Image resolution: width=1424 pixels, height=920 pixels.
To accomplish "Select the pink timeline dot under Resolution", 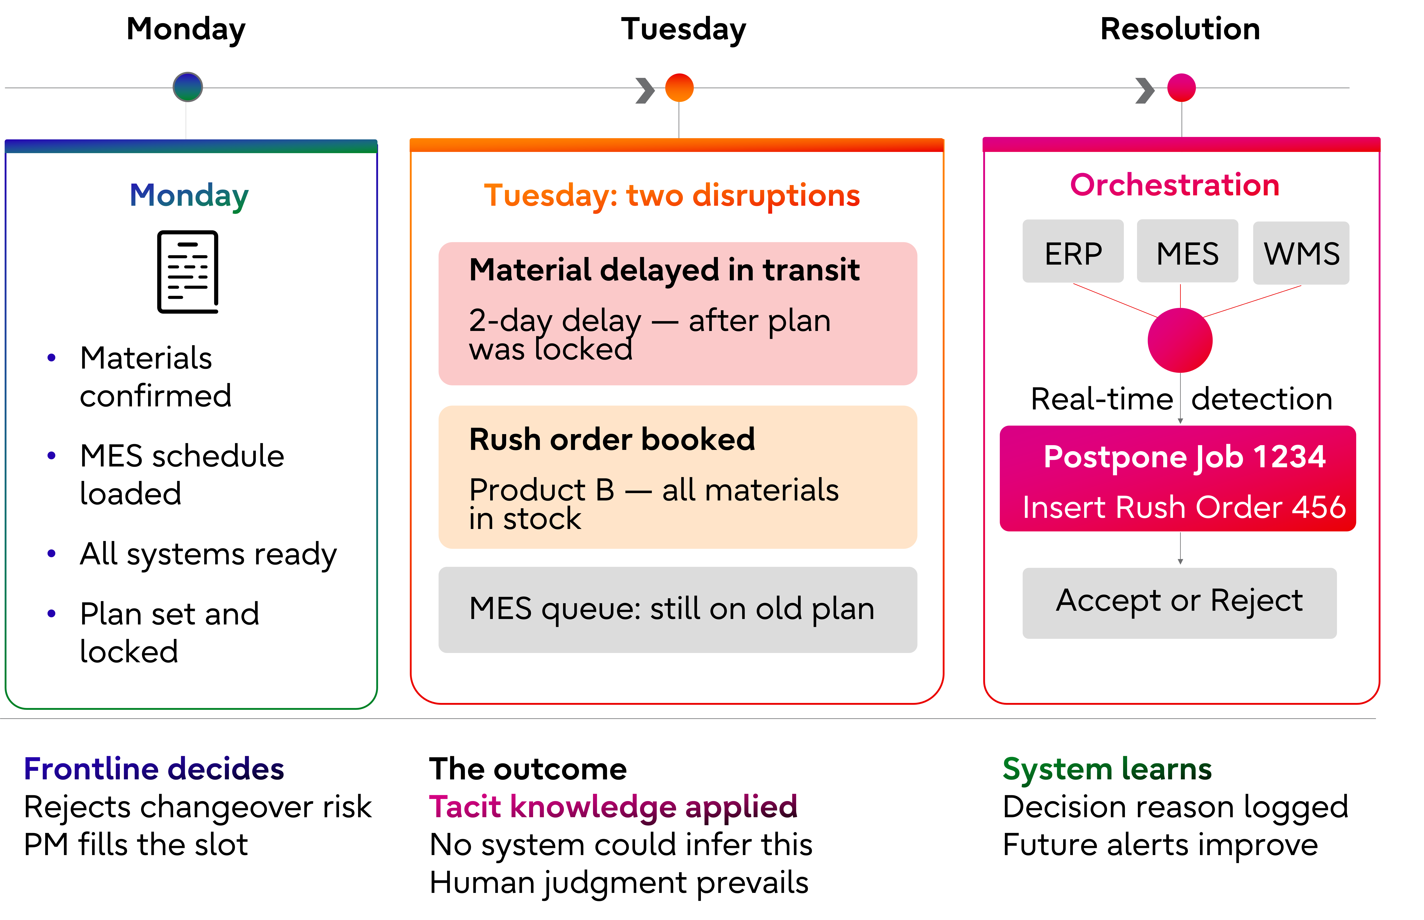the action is (x=1181, y=88).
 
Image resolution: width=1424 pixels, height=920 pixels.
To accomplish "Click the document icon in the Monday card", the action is (x=188, y=272).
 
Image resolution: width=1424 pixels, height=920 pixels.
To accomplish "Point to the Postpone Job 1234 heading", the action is (x=1184, y=457).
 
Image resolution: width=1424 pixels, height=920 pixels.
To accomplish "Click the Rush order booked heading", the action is (x=612, y=440).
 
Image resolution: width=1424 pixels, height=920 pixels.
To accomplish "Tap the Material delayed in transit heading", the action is (x=664, y=270).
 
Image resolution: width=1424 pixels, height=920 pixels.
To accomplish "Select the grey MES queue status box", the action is (x=678, y=609).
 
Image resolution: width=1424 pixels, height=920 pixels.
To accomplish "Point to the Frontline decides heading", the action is (x=154, y=769).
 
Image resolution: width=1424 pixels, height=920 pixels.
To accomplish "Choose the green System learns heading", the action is (x=1107, y=769).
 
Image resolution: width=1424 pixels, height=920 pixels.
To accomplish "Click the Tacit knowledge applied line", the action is (x=613, y=807).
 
